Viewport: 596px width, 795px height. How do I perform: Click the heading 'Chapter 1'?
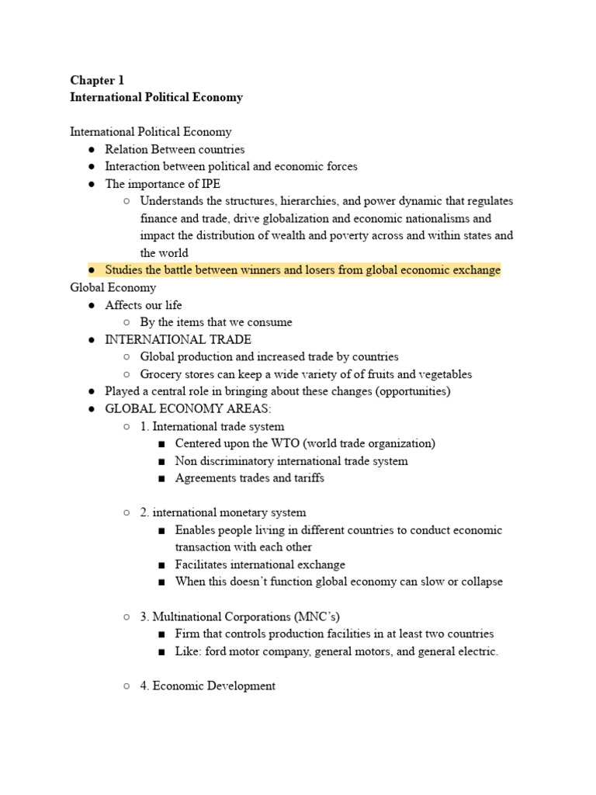[97, 80]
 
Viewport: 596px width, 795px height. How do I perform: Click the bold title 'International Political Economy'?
[156, 98]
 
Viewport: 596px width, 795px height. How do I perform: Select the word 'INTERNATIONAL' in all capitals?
[148, 339]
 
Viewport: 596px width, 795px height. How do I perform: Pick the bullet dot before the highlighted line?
[92, 270]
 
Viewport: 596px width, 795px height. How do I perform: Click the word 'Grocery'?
[161, 374]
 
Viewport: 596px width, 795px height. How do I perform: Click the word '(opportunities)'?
[413, 391]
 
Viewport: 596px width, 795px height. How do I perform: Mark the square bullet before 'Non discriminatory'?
[161, 461]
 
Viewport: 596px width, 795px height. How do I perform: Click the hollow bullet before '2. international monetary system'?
[126, 512]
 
